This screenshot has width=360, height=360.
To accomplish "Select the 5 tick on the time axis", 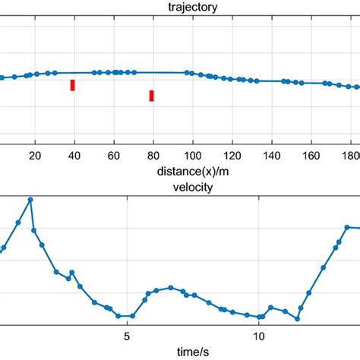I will pos(127,335).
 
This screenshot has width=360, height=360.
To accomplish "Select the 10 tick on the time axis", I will pos(258,335).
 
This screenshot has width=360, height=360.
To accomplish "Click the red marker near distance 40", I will pos(72,85).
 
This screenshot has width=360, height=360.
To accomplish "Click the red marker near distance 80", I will pos(152,95).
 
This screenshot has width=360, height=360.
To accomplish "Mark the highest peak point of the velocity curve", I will pos(30,200).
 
